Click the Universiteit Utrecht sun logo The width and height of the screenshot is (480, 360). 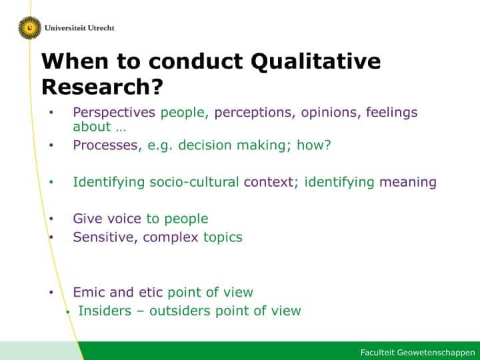point(30,28)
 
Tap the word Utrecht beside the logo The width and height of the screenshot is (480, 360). point(101,28)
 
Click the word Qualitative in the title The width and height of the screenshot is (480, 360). point(315,62)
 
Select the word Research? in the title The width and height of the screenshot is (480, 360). point(102,87)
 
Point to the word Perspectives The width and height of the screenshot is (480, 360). point(114,113)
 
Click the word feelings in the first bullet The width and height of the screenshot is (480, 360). point(391,113)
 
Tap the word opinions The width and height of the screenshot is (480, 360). point(329,113)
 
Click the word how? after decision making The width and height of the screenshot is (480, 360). point(314,145)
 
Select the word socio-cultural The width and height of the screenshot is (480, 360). point(194,182)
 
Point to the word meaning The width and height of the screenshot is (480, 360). point(408,183)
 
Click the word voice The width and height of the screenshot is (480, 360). point(124,219)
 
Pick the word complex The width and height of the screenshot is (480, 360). point(171,238)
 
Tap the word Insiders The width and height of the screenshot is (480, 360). point(105,311)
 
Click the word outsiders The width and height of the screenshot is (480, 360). point(180,311)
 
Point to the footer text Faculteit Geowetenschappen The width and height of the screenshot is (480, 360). point(417,353)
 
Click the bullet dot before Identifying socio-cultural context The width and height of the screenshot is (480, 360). point(51,182)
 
